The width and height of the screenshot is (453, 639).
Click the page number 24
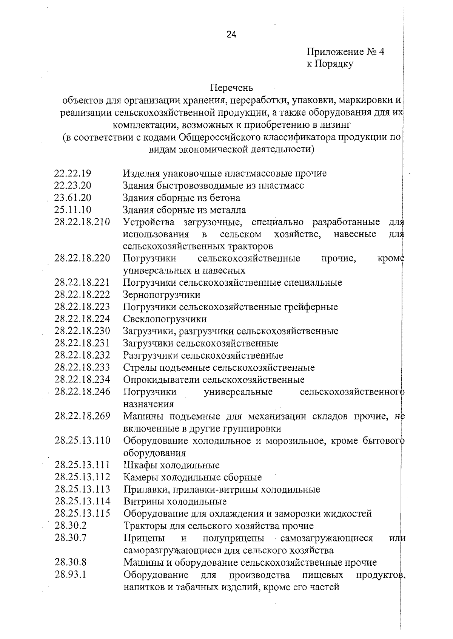[231, 35]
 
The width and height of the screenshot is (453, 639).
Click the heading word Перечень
[231, 88]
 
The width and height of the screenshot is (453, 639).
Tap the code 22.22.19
[73, 173]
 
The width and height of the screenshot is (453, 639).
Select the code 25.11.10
[73, 210]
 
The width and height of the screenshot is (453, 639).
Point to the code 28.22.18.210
[82, 222]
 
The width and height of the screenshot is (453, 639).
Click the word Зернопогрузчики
[162, 295]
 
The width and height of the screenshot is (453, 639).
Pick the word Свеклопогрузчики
[165, 319]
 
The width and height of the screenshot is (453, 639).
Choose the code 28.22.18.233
[82, 367]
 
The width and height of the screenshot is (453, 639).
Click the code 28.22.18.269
[82, 416]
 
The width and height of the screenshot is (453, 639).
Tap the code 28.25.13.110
[82, 441]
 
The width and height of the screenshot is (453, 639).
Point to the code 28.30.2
[71, 526]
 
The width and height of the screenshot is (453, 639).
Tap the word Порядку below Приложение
[334, 64]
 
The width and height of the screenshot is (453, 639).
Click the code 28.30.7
[71, 538]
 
